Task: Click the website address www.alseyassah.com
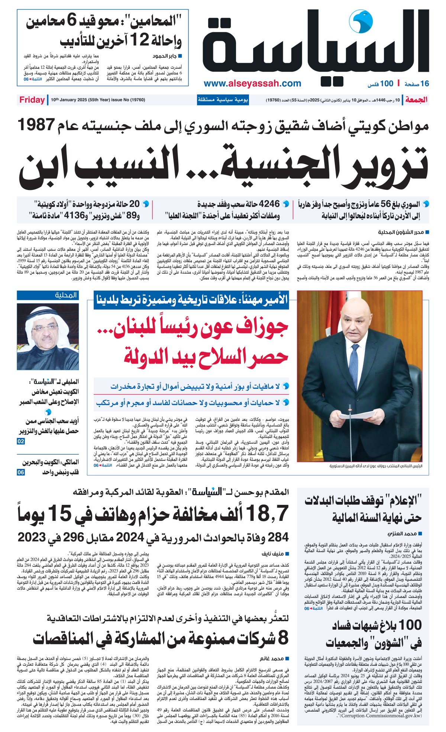(252, 83)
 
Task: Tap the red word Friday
(32, 100)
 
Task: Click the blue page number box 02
(21, 441)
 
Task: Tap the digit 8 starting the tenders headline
(283, 638)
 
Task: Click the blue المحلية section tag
(66, 295)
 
